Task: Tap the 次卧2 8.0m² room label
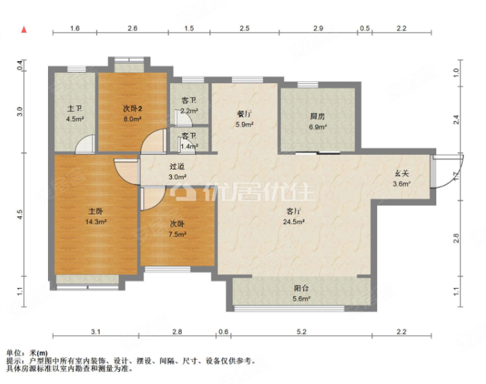pyautogui.click(x=132, y=114)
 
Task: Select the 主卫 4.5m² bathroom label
pyautogui.click(x=75, y=114)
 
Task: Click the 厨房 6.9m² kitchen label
pyautogui.click(x=318, y=121)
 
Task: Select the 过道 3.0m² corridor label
pyautogui.click(x=177, y=172)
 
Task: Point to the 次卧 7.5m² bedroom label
pyautogui.click(x=177, y=229)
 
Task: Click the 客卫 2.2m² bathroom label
pyautogui.click(x=189, y=106)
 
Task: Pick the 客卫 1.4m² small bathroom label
pyautogui.click(x=189, y=141)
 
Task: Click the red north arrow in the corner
pyautogui.click(x=24, y=29)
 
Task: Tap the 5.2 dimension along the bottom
pyautogui.click(x=302, y=331)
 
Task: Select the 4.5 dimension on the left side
pyautogui.click(x=20, y=215)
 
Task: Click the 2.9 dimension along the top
pyautogui.click(x=318, y=29)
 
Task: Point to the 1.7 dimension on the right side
pyautogui.click(x=456, y=178)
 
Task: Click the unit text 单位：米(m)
pyautogui.click(x=27, y=352)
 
